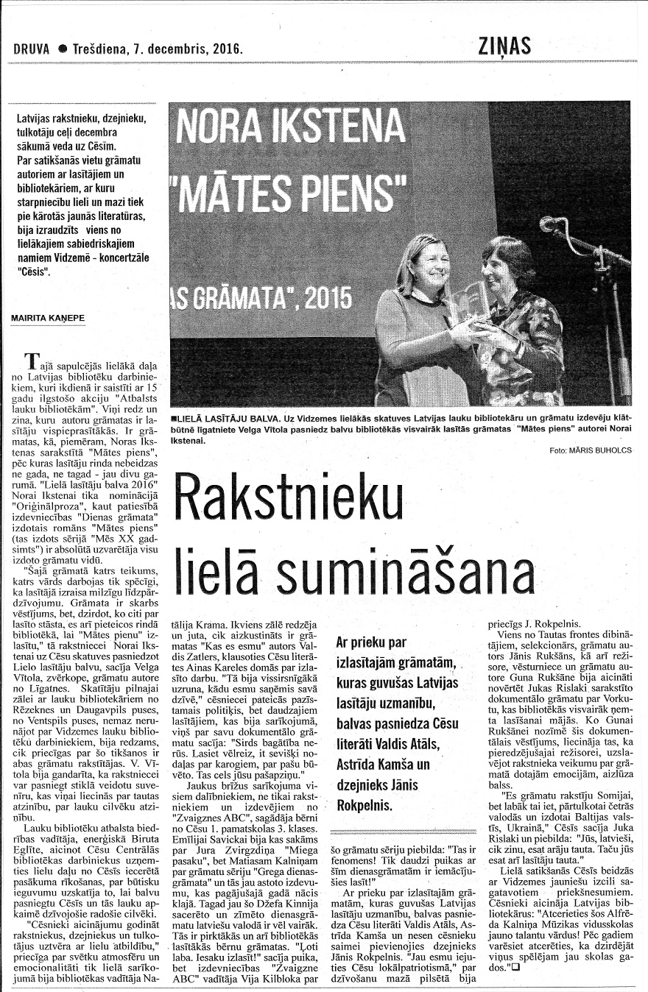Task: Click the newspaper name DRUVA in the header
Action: pyautogui.click(x=32, y=50)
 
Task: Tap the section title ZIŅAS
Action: pyautogui.click(x=504, y=46)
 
